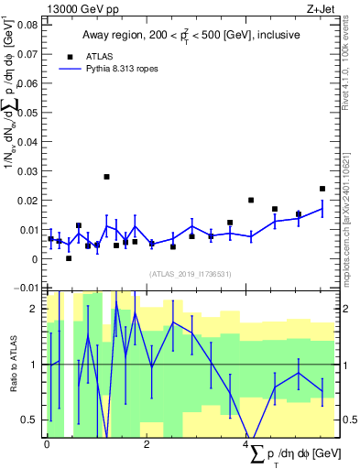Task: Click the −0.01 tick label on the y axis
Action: click(27, 289)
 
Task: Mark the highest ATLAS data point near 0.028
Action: click(106, 177)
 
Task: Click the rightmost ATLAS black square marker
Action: click(322, 189)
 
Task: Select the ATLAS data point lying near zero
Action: click(69, 258)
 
